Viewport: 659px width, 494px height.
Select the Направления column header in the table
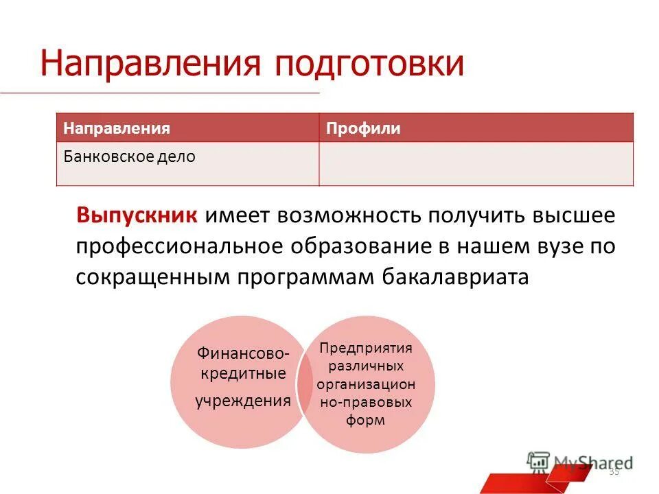[117, 128]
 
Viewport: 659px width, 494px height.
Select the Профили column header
[363, 128]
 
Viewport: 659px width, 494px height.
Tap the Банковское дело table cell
[130, 156]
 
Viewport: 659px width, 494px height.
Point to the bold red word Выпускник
[138, 215]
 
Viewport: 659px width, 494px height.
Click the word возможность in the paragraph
[349, 215]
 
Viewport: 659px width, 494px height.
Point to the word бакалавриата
[452, 277]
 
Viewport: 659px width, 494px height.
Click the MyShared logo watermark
[580, 462]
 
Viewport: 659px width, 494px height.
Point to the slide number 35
[614, 471]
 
